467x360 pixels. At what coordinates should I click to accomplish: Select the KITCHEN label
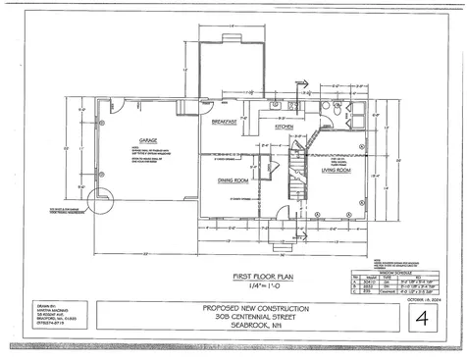click(x=285, y=128)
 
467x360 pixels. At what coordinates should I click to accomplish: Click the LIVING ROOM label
click(x=337, y=172)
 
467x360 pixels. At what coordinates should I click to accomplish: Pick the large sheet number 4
click(x=422, y=319)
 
